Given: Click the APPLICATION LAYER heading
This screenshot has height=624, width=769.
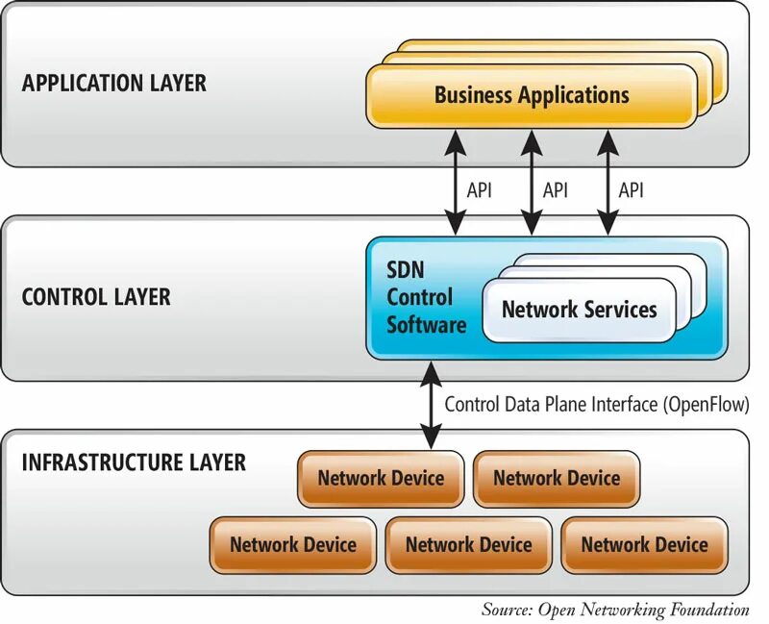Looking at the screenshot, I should pyautogui.click(x=113, y=83).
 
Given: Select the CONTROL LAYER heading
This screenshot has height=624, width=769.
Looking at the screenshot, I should pyautogui.click(x=96, y=296).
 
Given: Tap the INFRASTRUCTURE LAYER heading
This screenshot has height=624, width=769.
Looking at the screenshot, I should pyautogui.click(x=134, y=462).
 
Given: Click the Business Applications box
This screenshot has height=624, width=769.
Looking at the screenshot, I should pyautogui.click(x=532, y=95).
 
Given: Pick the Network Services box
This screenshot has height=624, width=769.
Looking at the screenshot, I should pyautogui.click(x=579, y=310).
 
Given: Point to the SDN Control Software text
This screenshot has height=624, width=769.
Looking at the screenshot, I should pyautogui.click(x=426, y=298).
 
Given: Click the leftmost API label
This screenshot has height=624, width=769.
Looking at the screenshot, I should pyautogui.click(x=480, y=189).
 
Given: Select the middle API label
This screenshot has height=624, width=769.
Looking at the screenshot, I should pyautogui.click(x=556, y=189).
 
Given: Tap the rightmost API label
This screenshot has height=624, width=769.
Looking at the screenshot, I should pyautogui.click(x=631, y=189).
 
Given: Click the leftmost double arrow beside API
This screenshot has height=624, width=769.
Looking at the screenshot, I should pyautogui.click(x=455, y=183).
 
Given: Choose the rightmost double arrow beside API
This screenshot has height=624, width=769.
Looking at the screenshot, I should pyautogui.click(x=606, y=183).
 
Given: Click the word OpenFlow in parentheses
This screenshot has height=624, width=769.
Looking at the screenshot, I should pyautogui.click(x=705, y=404).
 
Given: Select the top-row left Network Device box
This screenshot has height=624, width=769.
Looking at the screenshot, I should pyautogui.click(x=381, y=478).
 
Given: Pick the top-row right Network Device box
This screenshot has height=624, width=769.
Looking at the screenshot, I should pyautogui.click(x=557, y=478).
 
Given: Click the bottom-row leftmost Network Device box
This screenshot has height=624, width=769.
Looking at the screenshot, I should pyautogui.click(x=293, y=544).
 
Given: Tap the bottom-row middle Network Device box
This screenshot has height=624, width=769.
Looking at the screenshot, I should pyautogui.click(x=468, y=544).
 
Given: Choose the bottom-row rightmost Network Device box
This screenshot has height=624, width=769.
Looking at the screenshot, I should pyautogui.click(x=644, y=544).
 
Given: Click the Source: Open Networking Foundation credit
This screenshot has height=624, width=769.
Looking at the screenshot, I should pyautogui.click(x=615, y=609).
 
